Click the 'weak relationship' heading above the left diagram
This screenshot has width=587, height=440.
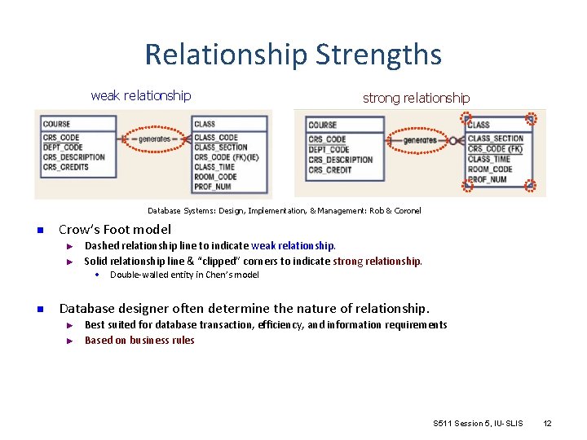click(141, 95)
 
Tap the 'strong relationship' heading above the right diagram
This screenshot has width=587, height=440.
click(416, 98)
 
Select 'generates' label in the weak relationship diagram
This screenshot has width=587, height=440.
click(154, 139)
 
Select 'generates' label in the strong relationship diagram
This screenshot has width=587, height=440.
click(421, 140)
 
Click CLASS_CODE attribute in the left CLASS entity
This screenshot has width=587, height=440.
click(216, 138)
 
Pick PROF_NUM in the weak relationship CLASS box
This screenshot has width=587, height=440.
click(213, 187)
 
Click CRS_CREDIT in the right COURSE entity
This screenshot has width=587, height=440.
click(330, 170)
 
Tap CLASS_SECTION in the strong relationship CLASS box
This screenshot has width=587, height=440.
click(496, 139)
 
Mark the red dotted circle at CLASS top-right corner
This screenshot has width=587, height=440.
click(531, 119)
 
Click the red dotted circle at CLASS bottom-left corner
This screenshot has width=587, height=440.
click(468, 185)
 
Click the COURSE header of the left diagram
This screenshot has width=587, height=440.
click(57, 125)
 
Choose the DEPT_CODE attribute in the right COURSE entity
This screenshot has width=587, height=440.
click(329, 150)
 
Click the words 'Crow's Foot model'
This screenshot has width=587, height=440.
click(115, 229)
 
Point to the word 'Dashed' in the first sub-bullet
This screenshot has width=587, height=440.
click(101, 245)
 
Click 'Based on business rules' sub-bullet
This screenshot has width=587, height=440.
click(139, 340)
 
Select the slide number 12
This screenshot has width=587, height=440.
click(547, 423)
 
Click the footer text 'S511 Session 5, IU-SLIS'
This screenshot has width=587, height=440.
click(479, 423)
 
